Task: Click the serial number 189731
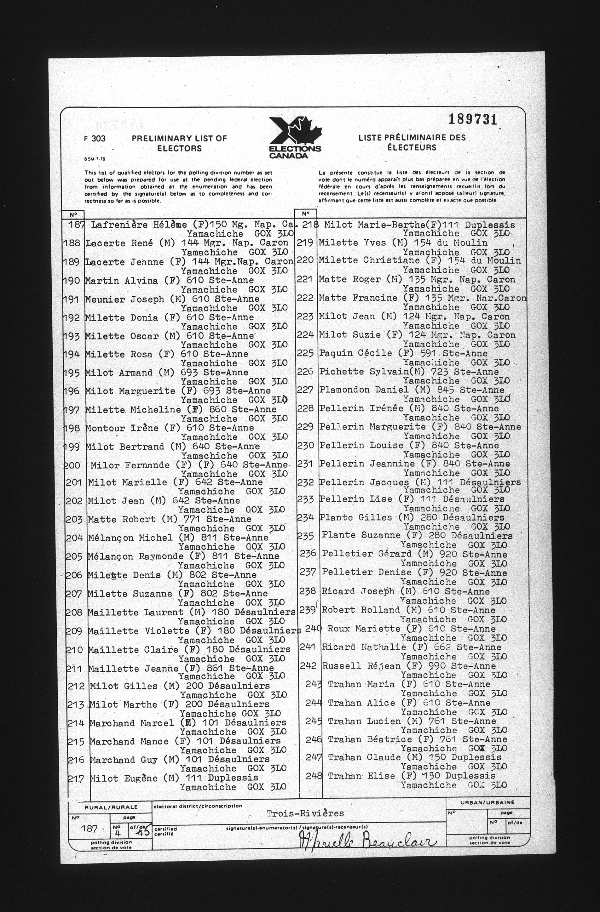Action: point(472,120)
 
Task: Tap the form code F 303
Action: point(95,139)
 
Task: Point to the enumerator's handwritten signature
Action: point(366,841)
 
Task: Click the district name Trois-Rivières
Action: point(305,813)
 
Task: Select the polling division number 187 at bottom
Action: point(89,829)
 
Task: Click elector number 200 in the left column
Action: point(72,465)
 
